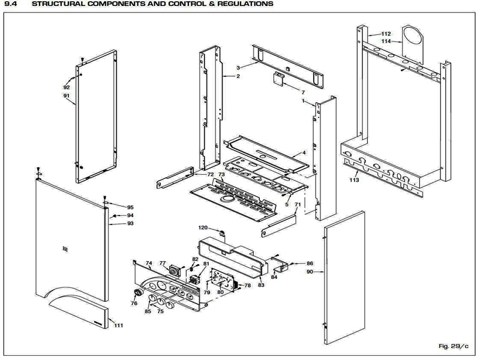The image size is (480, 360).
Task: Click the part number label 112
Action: (x=386, y=34)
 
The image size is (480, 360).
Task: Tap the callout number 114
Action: (x=386, y=41)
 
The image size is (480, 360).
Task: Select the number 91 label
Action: (x=67, y=95)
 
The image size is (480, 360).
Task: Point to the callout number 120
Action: (x=203, y=227)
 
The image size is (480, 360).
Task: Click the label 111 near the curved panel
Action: (x=118, y=325)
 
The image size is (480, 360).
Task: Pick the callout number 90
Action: (x=310, y=272)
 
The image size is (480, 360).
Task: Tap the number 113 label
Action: (x=354, y=180)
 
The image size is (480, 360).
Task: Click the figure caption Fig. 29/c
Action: (x=454, y=346)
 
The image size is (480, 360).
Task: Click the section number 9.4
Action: (x=10, y=4)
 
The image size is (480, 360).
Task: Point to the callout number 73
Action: (x=221, y=175)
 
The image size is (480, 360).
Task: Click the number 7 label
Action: (x=303, y=92)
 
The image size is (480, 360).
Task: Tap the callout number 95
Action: (x=130, y=207)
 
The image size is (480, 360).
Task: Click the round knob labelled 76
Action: (x=139, y=292)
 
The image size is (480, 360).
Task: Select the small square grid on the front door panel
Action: (x=65, y=249)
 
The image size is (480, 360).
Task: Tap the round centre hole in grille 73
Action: (x=227, y=200)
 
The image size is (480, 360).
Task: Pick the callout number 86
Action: (x=310, y=263)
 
